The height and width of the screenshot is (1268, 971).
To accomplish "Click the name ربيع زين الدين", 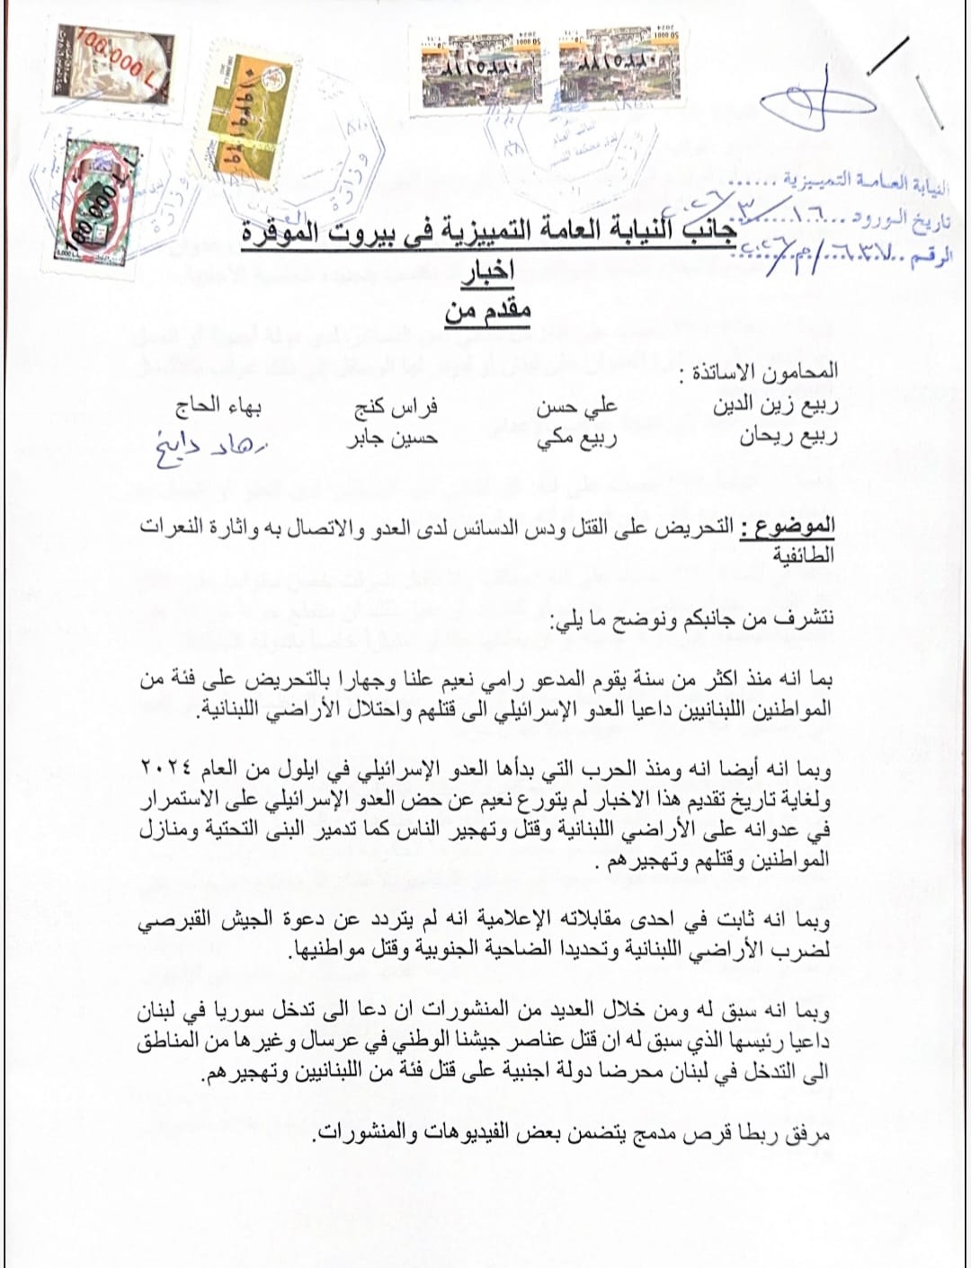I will coord(775,405).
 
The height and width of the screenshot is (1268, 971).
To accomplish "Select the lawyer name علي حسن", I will coord(576,406).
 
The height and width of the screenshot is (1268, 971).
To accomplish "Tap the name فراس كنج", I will coord(396,406).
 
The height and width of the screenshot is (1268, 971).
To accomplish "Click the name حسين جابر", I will coord(392,439).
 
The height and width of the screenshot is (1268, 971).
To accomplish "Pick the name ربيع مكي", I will coord(576,439).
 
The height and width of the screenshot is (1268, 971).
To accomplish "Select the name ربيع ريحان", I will coord(788,439).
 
